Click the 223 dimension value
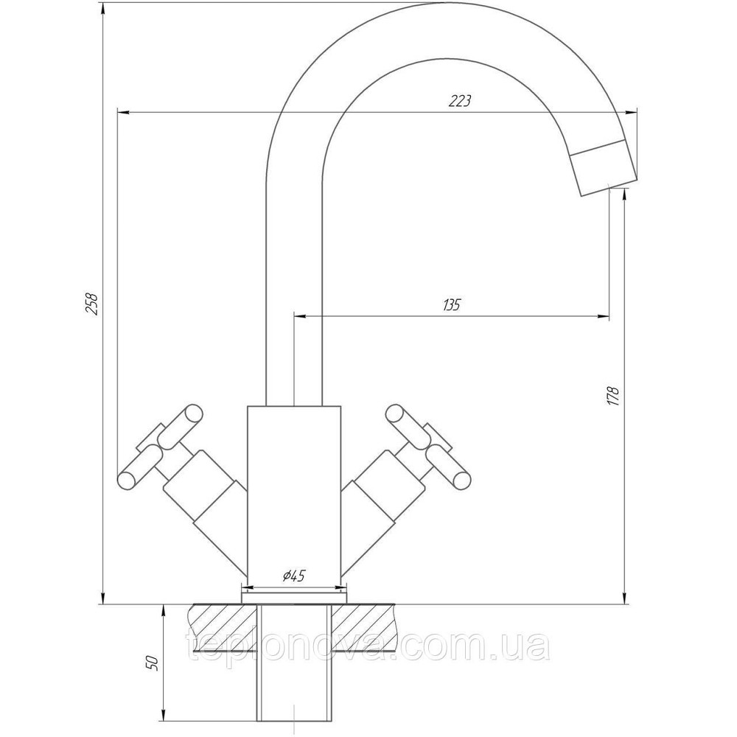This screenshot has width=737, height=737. tap(460, 101)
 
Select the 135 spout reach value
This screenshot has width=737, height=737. tap(451, 305)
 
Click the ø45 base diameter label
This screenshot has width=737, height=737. tap(294, 575)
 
